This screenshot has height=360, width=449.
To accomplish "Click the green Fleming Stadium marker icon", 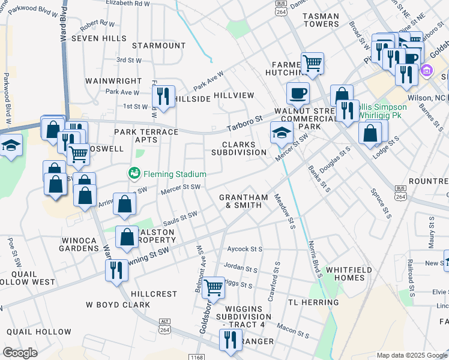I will coord(134,174).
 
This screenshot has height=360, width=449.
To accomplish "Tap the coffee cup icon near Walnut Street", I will coord(298,93).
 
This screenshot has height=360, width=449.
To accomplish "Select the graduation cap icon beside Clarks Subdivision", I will coord(280,133).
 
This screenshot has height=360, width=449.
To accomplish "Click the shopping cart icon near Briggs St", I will coord(214,287).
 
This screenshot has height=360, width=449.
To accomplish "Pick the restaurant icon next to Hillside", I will coord(163,96).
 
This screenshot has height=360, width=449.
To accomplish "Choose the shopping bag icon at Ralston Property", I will coord(127,237).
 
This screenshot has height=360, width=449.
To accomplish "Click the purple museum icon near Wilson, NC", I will coord(426,70).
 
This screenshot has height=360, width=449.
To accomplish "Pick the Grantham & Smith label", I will coord(243,201).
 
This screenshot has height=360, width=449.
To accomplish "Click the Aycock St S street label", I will coord(245,248).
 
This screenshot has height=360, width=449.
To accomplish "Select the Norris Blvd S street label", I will coord(315,255).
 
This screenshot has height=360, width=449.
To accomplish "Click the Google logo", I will coord(20,353).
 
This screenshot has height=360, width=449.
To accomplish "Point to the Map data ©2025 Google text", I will coord(411,355).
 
